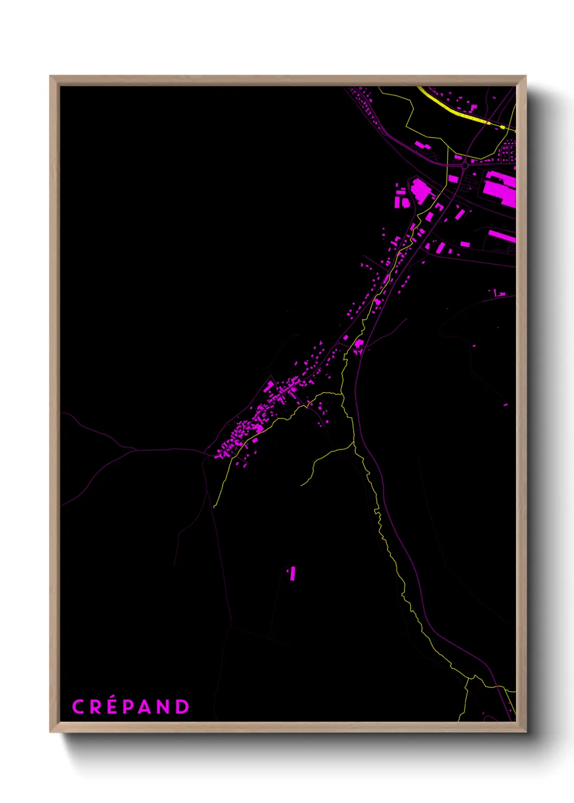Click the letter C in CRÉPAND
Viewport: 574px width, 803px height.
78,707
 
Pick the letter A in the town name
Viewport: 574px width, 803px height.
146,707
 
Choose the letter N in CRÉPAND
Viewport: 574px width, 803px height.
164,707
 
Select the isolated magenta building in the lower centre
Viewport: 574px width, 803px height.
292,573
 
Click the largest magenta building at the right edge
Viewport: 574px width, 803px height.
499,188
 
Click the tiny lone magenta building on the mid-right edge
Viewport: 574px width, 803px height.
506,405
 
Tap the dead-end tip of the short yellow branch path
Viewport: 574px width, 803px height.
302,485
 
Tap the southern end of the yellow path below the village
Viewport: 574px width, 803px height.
214,507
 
